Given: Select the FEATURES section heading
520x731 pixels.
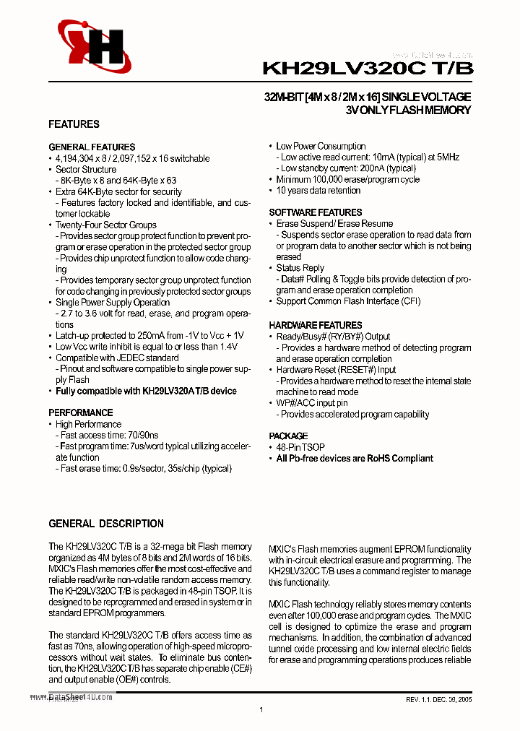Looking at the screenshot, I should pyautogui.click(x=74, y=124).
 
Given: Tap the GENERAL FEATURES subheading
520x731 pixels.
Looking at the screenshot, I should pyautogui.click(x=92, y=147).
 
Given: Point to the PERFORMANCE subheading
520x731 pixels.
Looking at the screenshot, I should pyautogui.click(x=79, y=413).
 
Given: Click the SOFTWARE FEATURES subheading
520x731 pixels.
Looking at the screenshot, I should pyautogui.click(x=316, y=213).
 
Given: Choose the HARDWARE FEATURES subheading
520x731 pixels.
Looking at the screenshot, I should pyautogui.click(x=316, y=326).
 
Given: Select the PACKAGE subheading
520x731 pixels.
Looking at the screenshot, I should pyautogui.click(x=288, y=436).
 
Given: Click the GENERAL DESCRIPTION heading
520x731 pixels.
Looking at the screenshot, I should pyautogui.click(x=106, y=524).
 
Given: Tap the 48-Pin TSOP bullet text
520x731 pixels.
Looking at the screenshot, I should pyautogui.click(x=300, y=447).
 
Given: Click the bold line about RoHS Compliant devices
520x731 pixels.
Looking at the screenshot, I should pyautogui.click(x=355, y=459).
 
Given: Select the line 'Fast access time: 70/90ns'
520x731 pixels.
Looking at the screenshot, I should pyautogui.click(x=111, y=436).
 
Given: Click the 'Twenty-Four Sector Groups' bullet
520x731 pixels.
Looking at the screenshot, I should pyautogui.click(x=106, y=225).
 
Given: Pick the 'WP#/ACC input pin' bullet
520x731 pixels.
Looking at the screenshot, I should pyautogui.click(x=312, y=403).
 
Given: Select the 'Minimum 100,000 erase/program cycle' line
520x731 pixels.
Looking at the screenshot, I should pyautogui.click(x=347, y=180).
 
